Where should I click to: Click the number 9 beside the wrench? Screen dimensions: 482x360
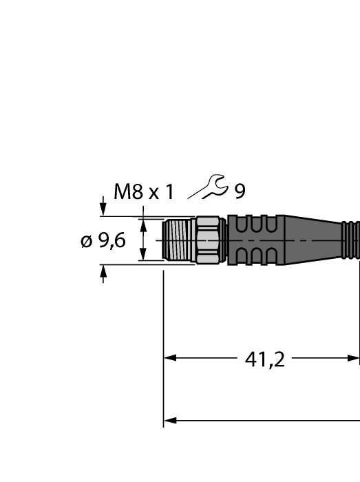240,191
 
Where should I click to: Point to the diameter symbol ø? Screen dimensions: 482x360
87,241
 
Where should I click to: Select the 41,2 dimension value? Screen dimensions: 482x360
265,359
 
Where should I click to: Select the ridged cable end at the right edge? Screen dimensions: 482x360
351,240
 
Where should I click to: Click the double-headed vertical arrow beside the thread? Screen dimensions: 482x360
143,240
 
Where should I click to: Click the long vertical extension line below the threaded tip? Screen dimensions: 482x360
164,344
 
